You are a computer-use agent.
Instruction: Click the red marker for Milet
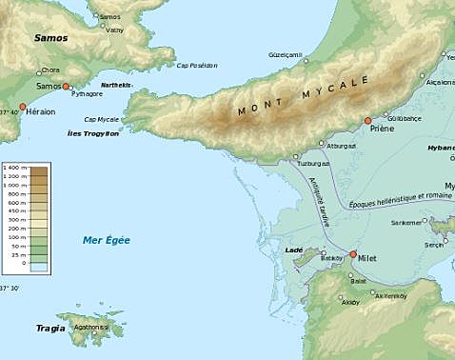[x=353, y=255]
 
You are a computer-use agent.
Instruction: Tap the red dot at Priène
[x=367, y=121]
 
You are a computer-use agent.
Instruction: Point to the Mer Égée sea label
[x=106, y=239]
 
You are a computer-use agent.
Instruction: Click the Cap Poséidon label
[x=197, y=65]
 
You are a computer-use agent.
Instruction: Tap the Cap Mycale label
[x=102, y=119]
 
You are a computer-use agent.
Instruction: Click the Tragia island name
[x=50, y=329]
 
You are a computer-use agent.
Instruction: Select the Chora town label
[x=49, y=70]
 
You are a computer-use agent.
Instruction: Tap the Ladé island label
[x=294, y=250]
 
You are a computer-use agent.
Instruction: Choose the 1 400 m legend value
[x=12, y=168]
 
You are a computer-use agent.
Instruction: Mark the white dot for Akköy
[x=342, y=296]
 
